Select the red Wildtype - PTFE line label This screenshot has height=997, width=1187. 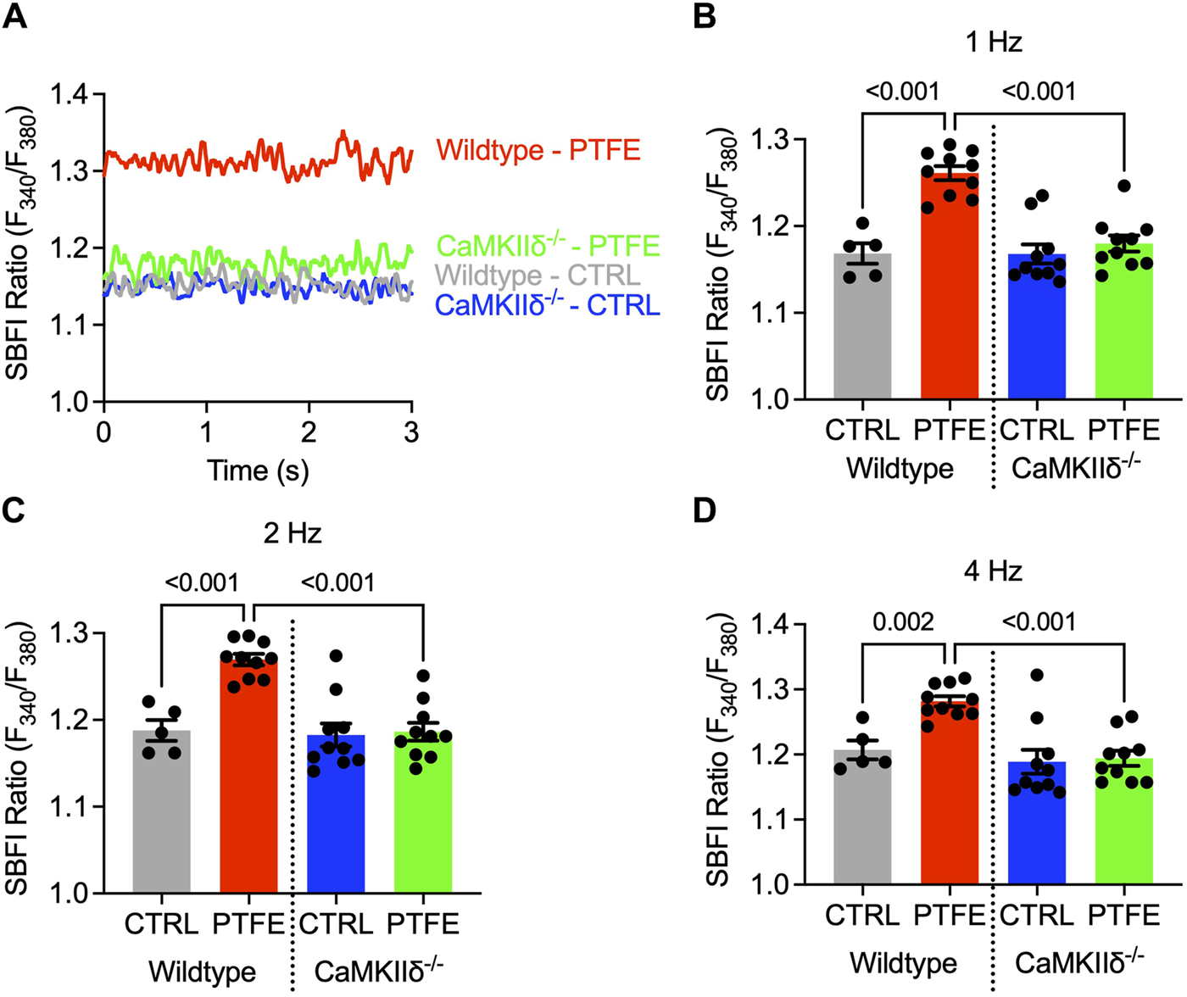[x=538, y=151]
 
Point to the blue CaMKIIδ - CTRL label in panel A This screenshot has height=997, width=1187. [x=546, y=305]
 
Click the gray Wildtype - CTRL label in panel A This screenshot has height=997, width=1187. [x=538, y=276]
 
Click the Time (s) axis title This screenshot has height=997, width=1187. [x=258, y=470]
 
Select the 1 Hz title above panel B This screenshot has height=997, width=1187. [x=993, y=42]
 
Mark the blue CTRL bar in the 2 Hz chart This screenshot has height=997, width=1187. [x=336, y=814]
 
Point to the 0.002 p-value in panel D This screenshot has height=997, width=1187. [x=905, y=621]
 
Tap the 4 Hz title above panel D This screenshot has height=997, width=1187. [x=993, y=571]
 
